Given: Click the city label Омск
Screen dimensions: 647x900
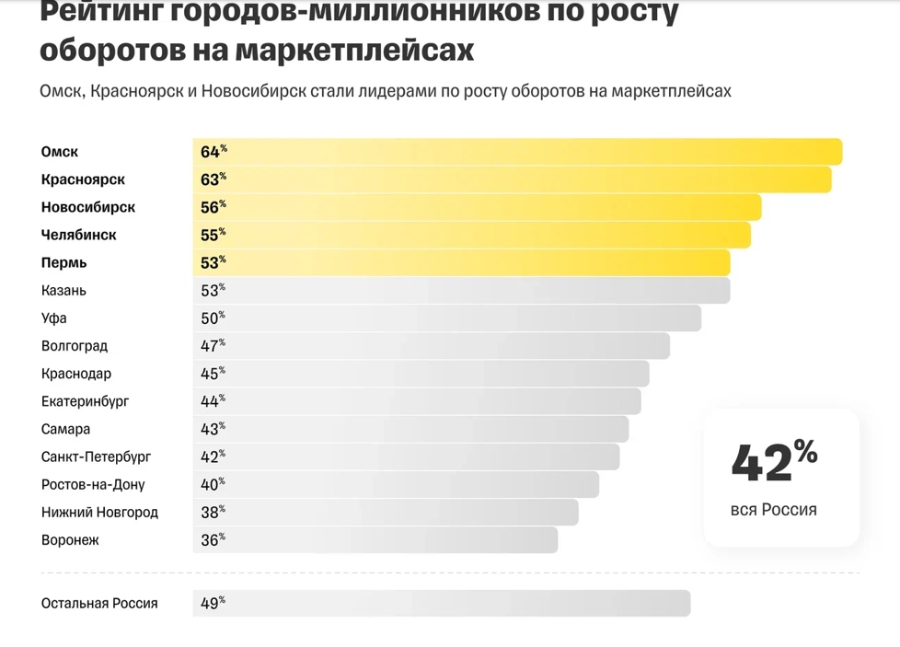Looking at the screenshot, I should pyautogui.click(x=60, y=152).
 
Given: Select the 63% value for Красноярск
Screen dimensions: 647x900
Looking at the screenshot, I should pyautogui.click(x=213, y=179).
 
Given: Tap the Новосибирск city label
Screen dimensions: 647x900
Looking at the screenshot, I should pyautogui.click(x=88, y=207).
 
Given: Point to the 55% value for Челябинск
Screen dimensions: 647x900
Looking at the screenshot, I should pyautogui.click(x=213, y=235).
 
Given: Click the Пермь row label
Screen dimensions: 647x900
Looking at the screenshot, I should pyautogui.click(x=64, y=262).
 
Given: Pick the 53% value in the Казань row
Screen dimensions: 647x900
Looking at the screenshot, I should pyautogui.click(x=213, y=291).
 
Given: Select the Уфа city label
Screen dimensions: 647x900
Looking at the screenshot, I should pyautogui.click(x=54, y=318).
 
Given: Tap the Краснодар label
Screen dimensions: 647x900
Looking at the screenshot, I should pyautogui.click(x=76, y=374).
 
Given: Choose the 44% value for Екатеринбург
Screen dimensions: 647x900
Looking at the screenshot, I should pyautogui.click(x=213, y=401).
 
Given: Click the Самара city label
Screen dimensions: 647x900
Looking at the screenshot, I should pyautogui.click(x=66, y=429).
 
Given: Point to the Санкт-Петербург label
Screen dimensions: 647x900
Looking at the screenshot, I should pyautogui.click(x=96, y=456).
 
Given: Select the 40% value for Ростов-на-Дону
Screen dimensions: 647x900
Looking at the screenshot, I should pyautogui.click(x=213, y=484).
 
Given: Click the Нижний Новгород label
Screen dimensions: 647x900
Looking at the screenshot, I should pyautogui.click(x=99, y=512).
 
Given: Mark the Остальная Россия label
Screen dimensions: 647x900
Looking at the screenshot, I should pyautogui.click(x=99, y=604).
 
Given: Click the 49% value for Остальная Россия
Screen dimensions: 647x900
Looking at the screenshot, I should pyautogui.click(x=213, y=604).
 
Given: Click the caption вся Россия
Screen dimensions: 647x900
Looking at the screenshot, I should pyautogui.click(x=773, y=509).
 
